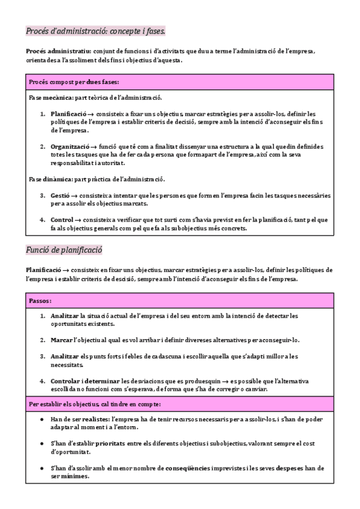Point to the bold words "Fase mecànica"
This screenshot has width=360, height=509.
50,97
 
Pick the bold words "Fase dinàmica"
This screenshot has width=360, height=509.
50,179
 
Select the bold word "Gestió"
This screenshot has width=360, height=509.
60,196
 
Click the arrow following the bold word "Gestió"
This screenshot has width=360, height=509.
74,196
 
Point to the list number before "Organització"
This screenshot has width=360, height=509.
43,146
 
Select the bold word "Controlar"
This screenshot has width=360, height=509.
66,381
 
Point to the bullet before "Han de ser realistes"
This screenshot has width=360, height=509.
41,419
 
